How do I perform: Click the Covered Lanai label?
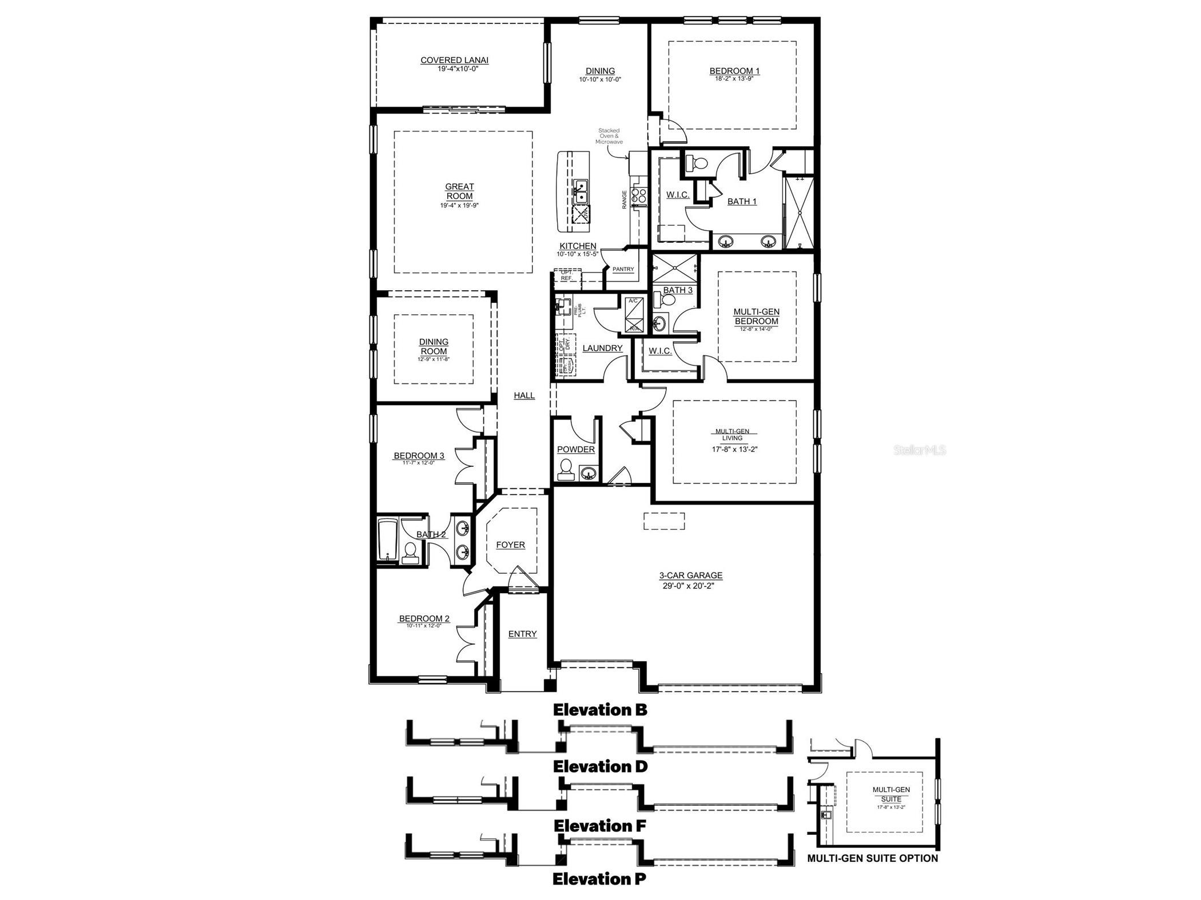[x=455, y=60]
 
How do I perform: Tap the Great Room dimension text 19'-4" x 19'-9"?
[x=459, y=205]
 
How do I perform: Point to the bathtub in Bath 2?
[x=387, y=540]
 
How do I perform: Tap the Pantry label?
[x=623, y=269]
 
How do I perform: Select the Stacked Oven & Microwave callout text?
[x=609, y=136]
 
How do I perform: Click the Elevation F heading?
[x=600, y=826]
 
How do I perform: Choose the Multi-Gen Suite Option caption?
[x=872, y=858]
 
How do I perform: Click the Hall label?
[x=524, y=395]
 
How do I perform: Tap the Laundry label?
[x=602, y=348]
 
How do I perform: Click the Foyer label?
[x=510, y=545]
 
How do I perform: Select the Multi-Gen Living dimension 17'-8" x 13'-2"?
[x=735, y=449]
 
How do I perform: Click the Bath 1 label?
[x=742, y=201]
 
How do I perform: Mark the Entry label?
[x=522, y=634]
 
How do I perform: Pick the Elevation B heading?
[x=600, y=710]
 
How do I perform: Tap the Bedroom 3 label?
[x=419, y=455]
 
